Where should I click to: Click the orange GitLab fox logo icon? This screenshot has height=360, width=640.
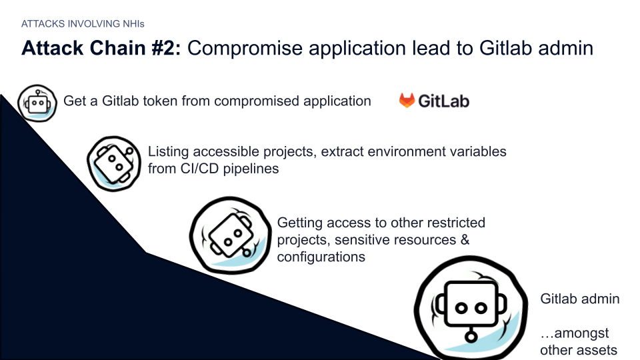(x=407, y=101)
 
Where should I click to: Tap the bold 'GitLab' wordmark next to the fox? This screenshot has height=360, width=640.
(x=444, y=101)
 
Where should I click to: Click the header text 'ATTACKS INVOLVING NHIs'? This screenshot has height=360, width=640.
(x=83, y=24)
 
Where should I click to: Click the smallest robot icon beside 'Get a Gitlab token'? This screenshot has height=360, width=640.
(x=37, y=103)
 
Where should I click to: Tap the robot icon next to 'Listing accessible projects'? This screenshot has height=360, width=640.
(x=114, y=163)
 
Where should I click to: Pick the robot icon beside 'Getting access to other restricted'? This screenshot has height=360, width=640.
(x=230, y=235)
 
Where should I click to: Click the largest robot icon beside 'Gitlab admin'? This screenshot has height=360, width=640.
(x=471, y=308)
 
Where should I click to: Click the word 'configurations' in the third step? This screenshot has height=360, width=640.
(x=321, y=257)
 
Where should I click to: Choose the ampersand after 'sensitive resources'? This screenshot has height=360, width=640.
(x=465, y=239)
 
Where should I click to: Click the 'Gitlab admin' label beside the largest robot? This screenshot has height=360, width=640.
(x=580, y=299)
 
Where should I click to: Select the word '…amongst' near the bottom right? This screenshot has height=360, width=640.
(x=574, y=333)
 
